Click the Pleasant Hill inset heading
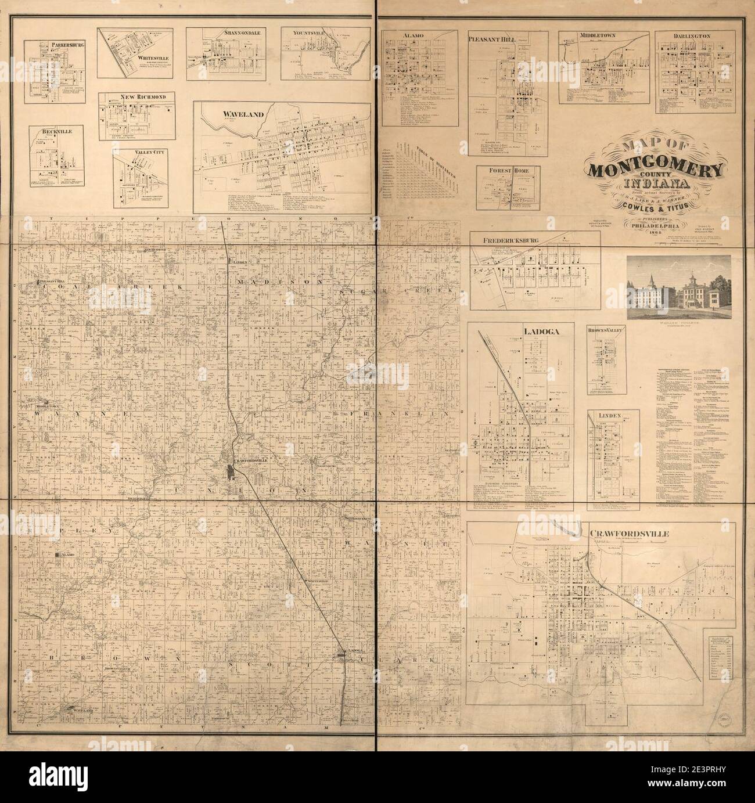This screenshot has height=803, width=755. coord(495,38)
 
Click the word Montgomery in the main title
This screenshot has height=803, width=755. coord(656,171)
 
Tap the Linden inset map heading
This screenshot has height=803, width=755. coord(613,416)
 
